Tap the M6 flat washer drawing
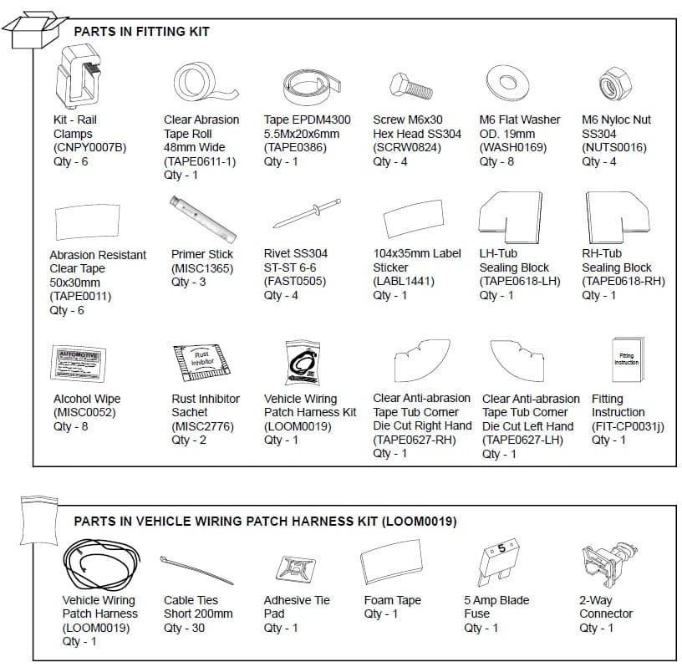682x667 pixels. [x=505, y=83]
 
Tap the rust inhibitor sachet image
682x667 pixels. [x=200, y=361]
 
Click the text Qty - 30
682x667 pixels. [x=184, y=628]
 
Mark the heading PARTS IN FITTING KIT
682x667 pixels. [x=141, y=32]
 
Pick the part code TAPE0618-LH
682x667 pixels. [x=519, y=282]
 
